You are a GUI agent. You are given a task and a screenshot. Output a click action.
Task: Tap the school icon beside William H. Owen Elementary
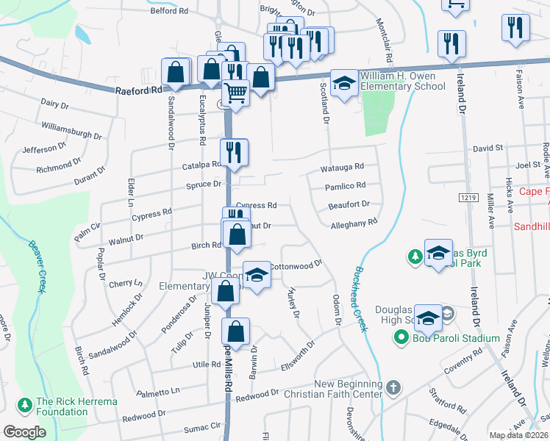point(343,85)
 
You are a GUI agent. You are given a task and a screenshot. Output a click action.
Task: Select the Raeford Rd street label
point(138,90)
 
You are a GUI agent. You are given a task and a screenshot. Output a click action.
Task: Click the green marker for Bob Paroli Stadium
point(401,337)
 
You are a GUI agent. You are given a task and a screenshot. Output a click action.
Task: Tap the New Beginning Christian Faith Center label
point(349,390)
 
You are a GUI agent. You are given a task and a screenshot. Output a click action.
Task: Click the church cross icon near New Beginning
point(393,387)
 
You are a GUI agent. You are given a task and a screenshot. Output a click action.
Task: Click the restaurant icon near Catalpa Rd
point(235,152)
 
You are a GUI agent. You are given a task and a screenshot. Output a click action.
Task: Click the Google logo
point(24,432)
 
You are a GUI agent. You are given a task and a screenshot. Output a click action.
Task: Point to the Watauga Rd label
point(343,168)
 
